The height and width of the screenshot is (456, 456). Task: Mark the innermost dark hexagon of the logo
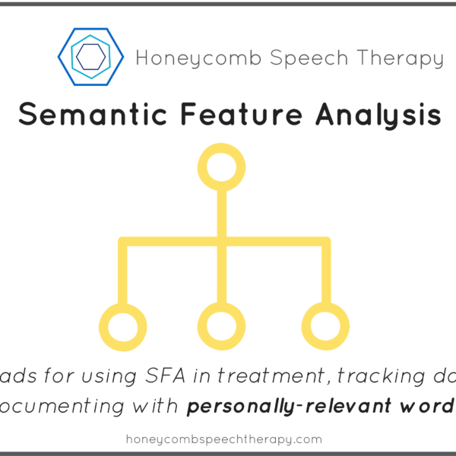[90, 55]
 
